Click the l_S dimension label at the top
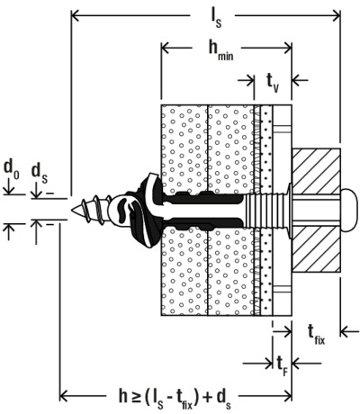pos(215,19)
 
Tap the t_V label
pos(273,83)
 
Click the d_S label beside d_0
pos(40,174)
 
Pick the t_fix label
pos(316,335)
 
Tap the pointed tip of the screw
pos(72,210)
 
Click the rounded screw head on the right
pos(349,210)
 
